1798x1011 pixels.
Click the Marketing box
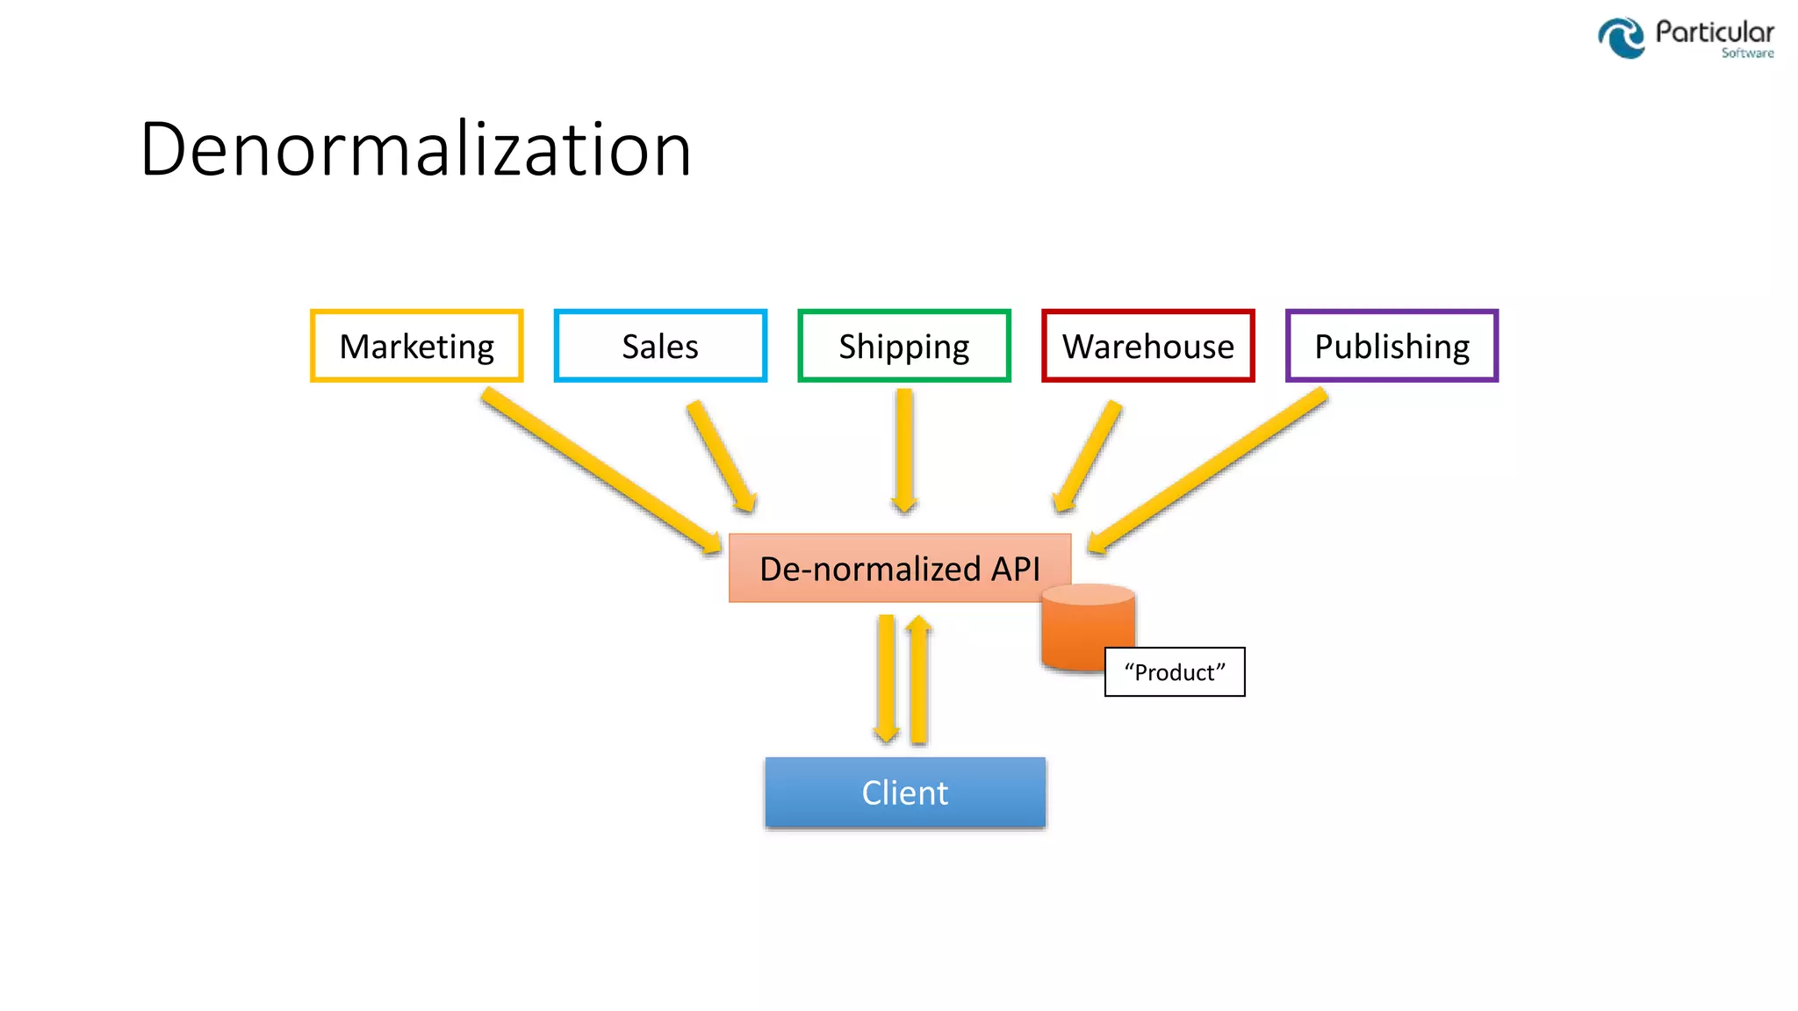coord(417,346)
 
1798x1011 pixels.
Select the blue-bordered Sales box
coord(660,346)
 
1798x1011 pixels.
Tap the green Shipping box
coord(904,346)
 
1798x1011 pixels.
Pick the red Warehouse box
coord(1147,346)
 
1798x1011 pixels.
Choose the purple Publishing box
coord(1392,346)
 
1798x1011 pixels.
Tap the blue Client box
coord(905,792)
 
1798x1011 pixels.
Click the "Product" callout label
coord(1175,672)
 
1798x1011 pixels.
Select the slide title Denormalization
coord(415,149)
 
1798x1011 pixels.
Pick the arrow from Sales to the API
coord(721,456)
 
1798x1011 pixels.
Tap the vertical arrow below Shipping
coord(904,449)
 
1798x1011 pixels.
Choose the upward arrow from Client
coord(919,680)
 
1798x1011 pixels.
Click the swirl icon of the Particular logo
coord(1621,38)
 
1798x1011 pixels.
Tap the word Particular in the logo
coord(1714,32)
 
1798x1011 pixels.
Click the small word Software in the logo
coord(1747,54)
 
